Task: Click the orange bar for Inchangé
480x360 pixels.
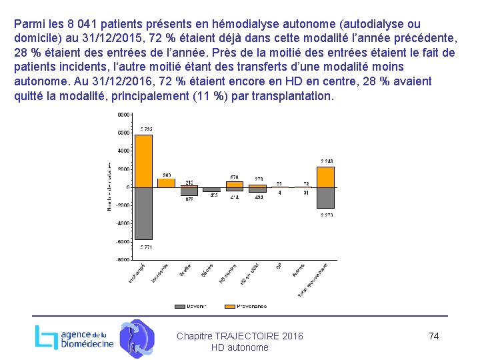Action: tap(143, 161)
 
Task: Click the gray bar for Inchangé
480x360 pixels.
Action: tap(143, 213)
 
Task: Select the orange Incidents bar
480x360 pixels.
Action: tap(166, 183)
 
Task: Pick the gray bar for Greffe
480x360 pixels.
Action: tap(189, 191)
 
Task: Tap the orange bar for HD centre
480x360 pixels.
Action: tap(235, 184)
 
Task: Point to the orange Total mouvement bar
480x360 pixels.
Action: tap(325, 177)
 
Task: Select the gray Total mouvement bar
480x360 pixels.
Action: tap(325, 198)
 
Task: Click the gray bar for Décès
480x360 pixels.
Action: tap(212, 190)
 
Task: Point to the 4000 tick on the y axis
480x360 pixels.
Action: tap(124, 151)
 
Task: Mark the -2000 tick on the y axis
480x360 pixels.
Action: tap(123, 205)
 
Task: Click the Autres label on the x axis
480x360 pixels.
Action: tap(299, 270)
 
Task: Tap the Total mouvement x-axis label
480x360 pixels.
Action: tap(313, 280)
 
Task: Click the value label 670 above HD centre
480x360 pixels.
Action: tap(235, 177)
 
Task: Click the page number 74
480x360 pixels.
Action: tap(433, 336)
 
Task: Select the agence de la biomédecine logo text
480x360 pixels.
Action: tap(87, 339)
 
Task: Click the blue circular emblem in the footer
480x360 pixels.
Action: tap(137, 338)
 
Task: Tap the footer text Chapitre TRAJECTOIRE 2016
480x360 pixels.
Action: tap(239, 336)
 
